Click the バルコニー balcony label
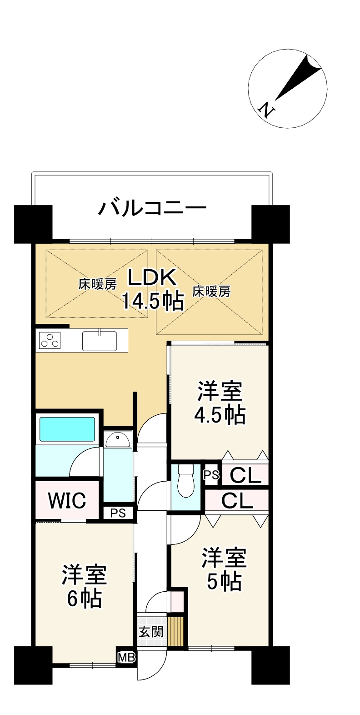(152, 208)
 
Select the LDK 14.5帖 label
(152, 289)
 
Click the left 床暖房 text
(97, 285)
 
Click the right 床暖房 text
(211, 291)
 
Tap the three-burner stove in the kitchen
(50, 340)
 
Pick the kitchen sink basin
(99, 340)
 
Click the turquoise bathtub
(67, 429)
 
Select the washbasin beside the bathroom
(117, 439)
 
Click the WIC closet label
(67, 501)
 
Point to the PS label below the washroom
(118, 513)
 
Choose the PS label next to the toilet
(211, 475)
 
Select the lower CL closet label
(237, 501)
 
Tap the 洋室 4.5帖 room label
(220, 403)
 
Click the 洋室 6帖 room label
(85, 586)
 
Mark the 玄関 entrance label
(151, 631)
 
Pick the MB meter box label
(124, 657)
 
